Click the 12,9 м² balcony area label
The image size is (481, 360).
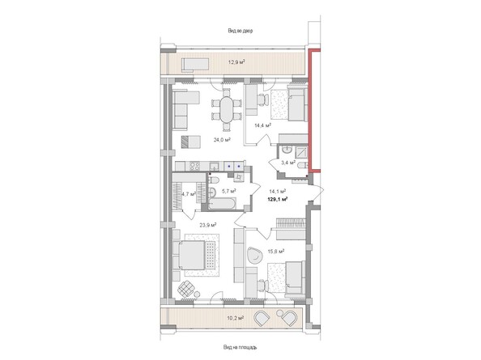tap(236, 62)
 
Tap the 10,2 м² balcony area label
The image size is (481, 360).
tap(236, 318)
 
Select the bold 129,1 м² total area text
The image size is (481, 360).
tap(278, 199)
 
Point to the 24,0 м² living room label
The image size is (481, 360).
tap(222, 140)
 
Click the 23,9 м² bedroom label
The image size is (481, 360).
tap(208, 225)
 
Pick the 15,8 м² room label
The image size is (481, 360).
tap(276, 252)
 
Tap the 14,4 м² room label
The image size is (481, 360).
tap(263, 125)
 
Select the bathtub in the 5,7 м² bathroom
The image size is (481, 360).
tap(222, 204)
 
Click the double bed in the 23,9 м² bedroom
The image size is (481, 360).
tap(192, 255)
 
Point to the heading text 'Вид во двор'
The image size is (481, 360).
tap(240, 31)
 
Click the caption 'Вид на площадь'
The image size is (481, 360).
tap(240, 347)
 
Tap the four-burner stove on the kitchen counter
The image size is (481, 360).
tap(195, 166)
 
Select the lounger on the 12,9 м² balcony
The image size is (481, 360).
tap(195, 65)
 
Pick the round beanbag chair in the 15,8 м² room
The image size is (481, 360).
tap(255, 256)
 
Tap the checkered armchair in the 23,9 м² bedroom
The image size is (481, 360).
tap(186, 289)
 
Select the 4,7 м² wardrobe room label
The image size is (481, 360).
tap(189, 194)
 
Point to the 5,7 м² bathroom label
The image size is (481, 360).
tap(229, 191)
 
